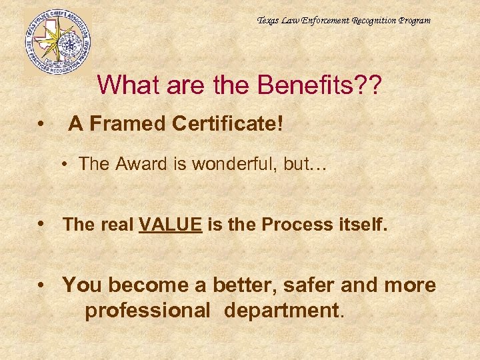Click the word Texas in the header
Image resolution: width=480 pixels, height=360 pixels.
(x=269, y=21)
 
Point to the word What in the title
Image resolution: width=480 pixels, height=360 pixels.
(x=127, y=85)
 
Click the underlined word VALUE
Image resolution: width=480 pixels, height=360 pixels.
(x=170, y=225)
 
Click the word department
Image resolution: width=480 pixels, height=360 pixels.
(x=284, y=310)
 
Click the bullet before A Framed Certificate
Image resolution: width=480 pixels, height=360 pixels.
(x=42, y=124)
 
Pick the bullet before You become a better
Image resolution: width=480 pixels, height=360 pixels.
(x=42, y=286)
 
